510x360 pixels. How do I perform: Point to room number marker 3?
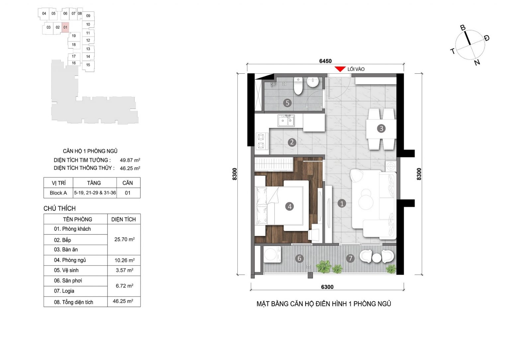point(382,129)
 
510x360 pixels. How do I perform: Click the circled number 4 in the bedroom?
point(290,207)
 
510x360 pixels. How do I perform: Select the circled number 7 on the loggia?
point(350,258)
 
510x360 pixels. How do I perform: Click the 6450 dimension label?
point(325,61)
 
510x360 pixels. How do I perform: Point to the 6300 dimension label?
point(327,287)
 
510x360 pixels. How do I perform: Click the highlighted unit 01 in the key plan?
point(65,27)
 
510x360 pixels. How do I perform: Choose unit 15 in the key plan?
point(88,65)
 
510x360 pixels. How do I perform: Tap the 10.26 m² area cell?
point(125,260)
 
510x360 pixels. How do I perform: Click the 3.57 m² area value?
point(125,270)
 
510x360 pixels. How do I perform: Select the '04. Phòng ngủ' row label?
point(70,260)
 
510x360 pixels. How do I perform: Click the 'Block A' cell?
point(58,193)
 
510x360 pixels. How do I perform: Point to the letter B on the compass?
point(463,28)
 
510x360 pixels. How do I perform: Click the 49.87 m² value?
point(130,160)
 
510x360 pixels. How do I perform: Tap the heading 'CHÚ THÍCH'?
point(60,208)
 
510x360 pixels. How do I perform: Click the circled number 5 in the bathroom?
point(288,103)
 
